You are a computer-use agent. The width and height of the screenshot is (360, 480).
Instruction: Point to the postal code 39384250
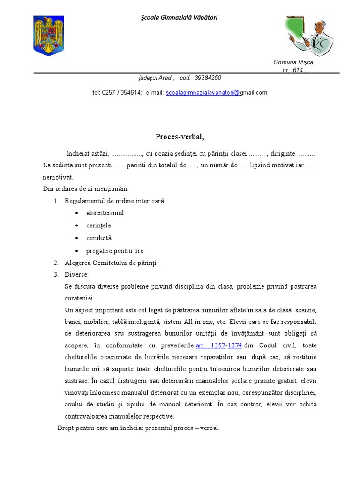pyautogui.click(x=207, y=78)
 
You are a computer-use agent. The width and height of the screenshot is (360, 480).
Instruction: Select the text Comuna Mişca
pyautogui.click(x=294, y=62)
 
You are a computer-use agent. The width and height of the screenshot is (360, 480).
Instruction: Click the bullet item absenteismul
pyautogui.click(x=105, y=213)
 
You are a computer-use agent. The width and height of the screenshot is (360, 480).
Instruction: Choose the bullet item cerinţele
pyautogui.click(x=98, y=225)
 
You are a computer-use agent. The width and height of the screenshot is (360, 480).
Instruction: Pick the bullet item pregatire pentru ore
pyautogui.click(x=115, y=251)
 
